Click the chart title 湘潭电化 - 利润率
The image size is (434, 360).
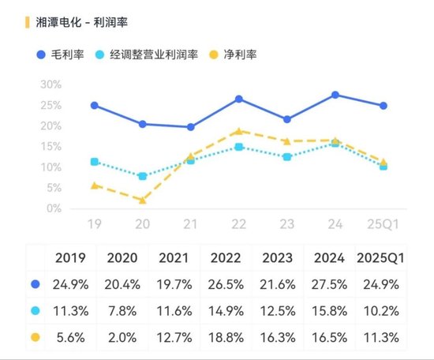pos(86,22)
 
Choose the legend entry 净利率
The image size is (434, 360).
pos(238,54)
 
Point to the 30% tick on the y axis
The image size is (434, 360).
pos(50,84)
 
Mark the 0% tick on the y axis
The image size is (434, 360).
pos(53,209)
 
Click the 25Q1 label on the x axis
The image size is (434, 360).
pos(382,225)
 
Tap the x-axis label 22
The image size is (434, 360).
pos(238,225)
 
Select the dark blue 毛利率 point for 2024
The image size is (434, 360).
pos(335,95)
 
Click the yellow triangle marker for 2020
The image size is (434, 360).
pos(142,201)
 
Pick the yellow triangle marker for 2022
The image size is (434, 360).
pos(238,131)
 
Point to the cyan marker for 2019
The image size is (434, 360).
pos(95,162)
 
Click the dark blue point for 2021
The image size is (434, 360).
pos(190,127)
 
